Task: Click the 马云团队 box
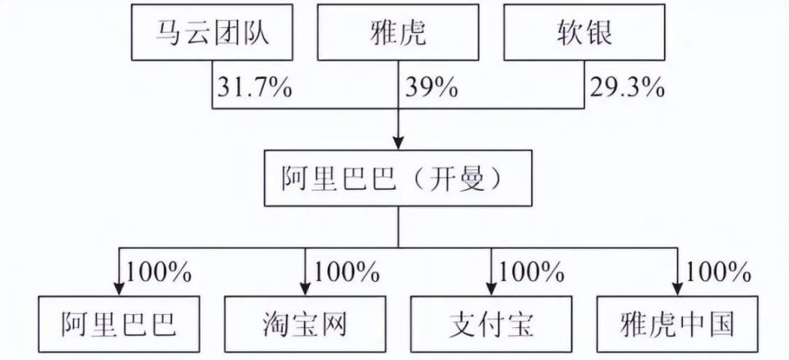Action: (212, 33)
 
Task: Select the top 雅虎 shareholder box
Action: (398, 33)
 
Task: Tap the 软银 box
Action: (584, 33)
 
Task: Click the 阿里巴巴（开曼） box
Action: (398, 178)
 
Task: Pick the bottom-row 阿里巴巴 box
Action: (119, 324)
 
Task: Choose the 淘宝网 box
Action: (305, 324)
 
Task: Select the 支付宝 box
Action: (491, 324)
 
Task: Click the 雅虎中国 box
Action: (677, 324)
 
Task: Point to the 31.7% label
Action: (255, 88)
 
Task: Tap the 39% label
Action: (431, 88)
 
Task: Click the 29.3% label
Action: (627, 88)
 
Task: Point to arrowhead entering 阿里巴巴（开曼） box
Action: (398, 142)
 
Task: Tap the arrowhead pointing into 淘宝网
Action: (305, 288)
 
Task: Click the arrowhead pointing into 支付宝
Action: (491, 288)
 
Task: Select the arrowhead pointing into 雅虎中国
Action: (677, 288)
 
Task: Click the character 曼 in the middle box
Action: (471, 178)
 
